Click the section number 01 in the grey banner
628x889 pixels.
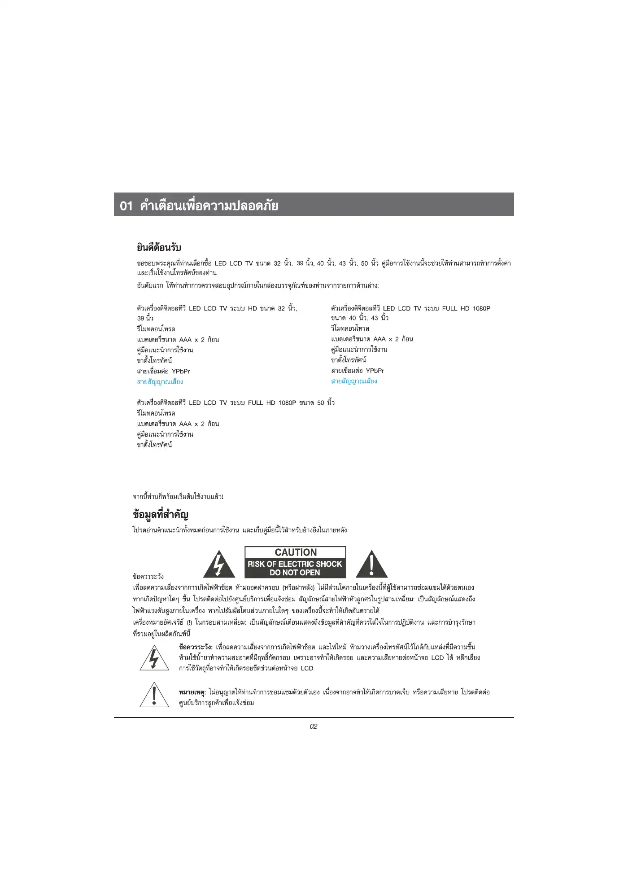coord(126,206)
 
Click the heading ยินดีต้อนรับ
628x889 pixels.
coord(159,247)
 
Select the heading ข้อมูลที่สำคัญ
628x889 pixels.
coord(161,514)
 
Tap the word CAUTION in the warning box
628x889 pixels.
coord(296,552)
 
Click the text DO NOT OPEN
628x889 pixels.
coord(295,573)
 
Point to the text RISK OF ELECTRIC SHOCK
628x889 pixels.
coord(295,564)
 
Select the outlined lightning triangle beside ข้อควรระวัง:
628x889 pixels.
coord(154,658)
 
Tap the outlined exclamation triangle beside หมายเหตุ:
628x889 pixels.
coord(154,695)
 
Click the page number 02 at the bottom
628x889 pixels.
coord(314,727)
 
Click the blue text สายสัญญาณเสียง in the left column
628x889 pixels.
coord(160,382)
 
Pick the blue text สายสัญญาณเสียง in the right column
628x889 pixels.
coord(354,381)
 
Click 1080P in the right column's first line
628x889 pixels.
coord(481,308)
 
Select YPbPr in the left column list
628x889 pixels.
coord(181,371)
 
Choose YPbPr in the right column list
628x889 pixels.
coord(375,371)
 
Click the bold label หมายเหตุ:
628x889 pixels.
coord(192,692)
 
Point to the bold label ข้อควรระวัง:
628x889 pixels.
coord(196,647)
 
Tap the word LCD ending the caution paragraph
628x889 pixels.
coord(307,668)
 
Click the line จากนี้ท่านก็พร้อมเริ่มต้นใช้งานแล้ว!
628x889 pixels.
coord(178,497)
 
